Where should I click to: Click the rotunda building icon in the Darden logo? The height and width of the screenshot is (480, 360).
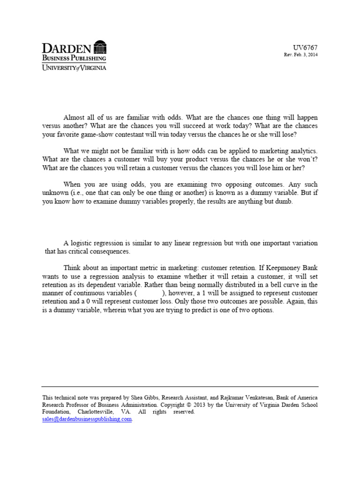100,47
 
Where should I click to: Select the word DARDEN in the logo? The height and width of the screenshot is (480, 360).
67,48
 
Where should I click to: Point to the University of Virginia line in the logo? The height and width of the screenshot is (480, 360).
74,67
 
